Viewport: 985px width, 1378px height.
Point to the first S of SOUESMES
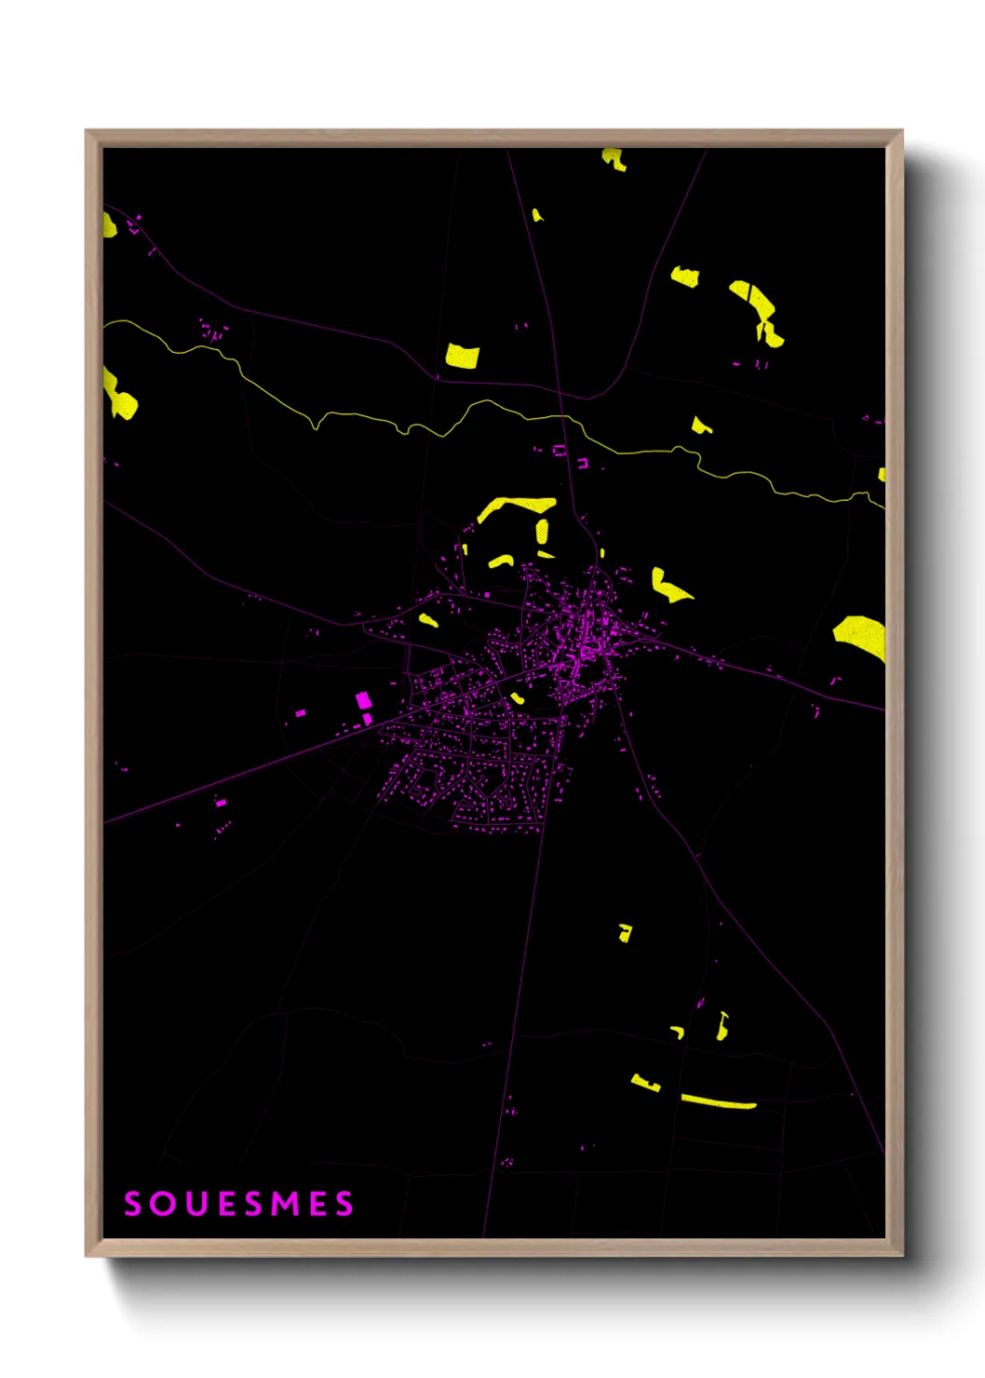[134, 1204]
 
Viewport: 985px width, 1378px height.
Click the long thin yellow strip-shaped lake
[717, 1102]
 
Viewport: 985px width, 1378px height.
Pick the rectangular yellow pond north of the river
[462, 356]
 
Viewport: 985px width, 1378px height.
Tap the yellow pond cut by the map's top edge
[614, 158]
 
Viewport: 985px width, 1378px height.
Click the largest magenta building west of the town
[363, 700]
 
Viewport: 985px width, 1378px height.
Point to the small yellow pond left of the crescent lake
[685, 276]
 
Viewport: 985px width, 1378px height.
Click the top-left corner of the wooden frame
[88, 132]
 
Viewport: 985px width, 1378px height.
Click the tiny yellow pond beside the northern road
[537, 215]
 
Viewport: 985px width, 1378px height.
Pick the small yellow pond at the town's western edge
[428, 619]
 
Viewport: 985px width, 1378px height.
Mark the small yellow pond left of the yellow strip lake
[645, 1083]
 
